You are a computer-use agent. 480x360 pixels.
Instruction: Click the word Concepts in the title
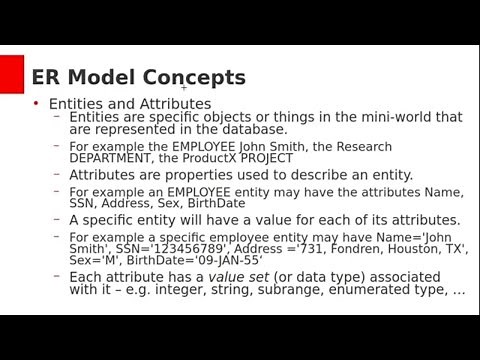pyautogui.click(x=194, y=77)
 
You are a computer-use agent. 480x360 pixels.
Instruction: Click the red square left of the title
pyautogui.click(x=11, y=74)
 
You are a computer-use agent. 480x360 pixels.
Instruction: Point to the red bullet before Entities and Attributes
pyautogui.click(x=36, y=103)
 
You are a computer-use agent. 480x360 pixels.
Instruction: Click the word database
pyautogui.click(x=252, y=130)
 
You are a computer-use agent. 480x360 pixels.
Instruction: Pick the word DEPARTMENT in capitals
pyautogui.click(x=113, y=158)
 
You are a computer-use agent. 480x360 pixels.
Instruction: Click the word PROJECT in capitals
pyautogui.click(x=267, y=158)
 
